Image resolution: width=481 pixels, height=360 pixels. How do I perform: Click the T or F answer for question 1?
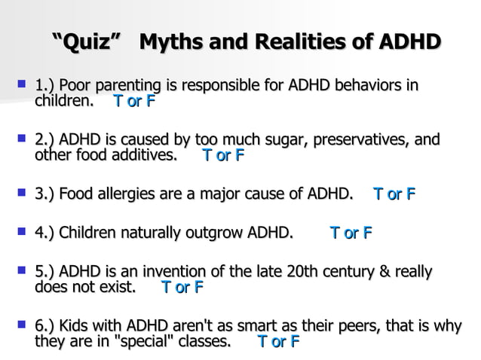(134, 100)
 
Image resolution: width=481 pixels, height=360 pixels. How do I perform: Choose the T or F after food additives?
(224, 156)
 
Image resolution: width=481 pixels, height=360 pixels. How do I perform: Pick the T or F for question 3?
(394, 194)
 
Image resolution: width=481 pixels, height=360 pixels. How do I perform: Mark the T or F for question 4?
(351, 233)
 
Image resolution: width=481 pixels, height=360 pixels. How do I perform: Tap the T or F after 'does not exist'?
(182, 287)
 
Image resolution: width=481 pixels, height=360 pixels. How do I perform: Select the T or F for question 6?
(279, 342)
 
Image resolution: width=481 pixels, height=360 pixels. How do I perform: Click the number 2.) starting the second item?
(45, 140)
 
